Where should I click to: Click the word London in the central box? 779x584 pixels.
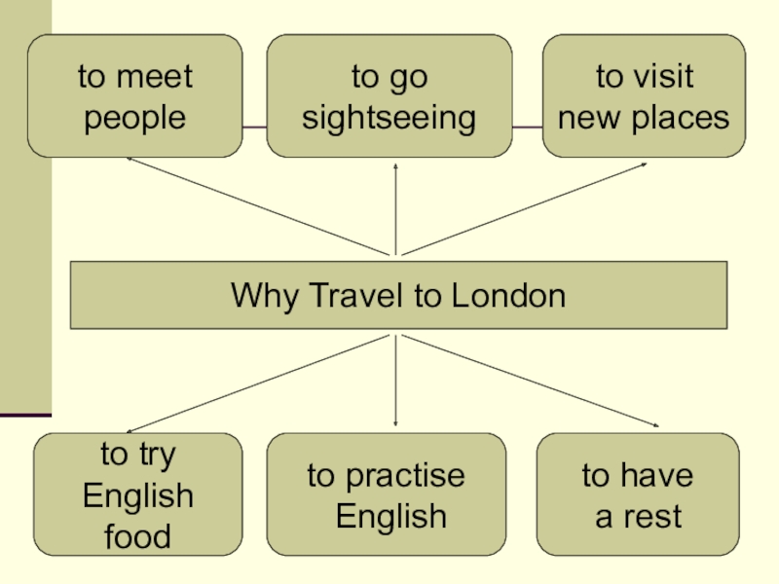507,295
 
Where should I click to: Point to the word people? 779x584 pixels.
134,118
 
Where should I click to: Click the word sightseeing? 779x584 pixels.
389,118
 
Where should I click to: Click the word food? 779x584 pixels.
137,536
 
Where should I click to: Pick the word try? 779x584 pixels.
154,455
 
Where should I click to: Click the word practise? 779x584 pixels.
403,476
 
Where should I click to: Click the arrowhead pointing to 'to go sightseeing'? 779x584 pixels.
396,166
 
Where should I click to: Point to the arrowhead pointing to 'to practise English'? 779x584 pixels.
395,423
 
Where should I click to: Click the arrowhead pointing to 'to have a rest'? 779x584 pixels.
659,425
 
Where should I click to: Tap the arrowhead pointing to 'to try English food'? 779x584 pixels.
130,431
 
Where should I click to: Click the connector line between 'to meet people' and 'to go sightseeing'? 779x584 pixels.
254,128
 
